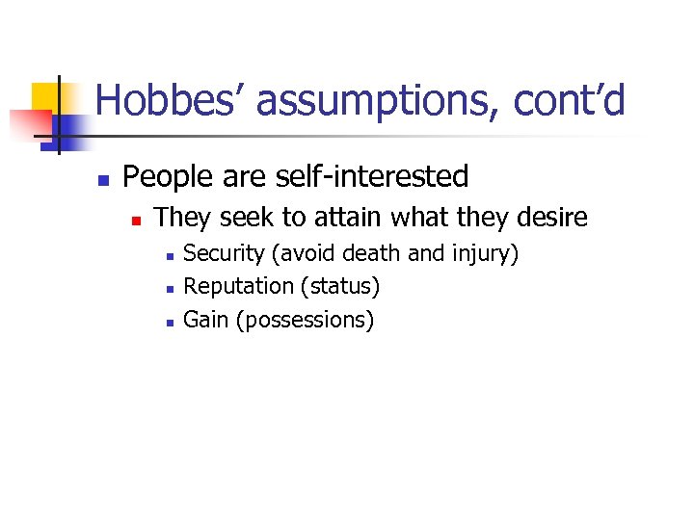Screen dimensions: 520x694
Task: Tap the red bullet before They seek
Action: [137, 221]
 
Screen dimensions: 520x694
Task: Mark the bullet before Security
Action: [169, 256]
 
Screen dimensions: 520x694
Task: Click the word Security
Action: [224, 254]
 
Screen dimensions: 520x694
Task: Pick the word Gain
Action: [205, 319]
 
